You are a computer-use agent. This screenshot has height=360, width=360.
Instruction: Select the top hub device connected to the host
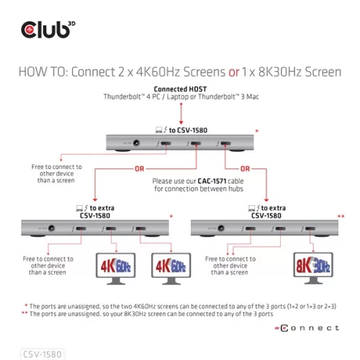point(179,143)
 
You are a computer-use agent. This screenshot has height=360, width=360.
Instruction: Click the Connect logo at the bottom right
point(309,328)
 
